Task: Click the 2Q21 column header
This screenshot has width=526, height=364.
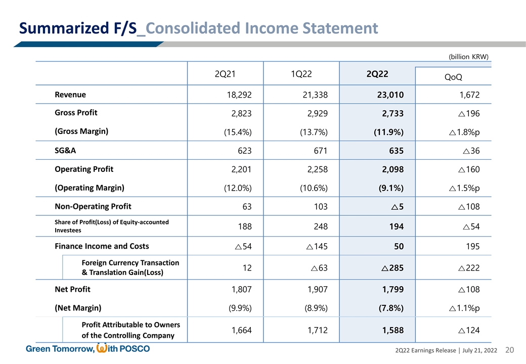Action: (x=225, y=74)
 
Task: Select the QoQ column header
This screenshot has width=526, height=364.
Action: (x=453, y=77)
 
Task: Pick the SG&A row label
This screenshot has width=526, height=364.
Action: (x=66, y=150)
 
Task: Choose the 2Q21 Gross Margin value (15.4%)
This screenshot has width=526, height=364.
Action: (x=238, y=132)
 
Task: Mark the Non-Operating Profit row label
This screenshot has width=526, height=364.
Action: (x=93, y=206)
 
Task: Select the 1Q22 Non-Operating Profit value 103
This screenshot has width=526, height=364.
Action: (x=320, y=206)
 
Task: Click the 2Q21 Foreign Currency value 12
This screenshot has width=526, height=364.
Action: (x=247, y=267)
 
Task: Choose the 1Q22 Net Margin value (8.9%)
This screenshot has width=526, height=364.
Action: (x=314, y=308)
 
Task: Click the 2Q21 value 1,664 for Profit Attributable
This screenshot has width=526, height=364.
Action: (x=241, y=330)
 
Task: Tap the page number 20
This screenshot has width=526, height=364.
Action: (x=509, y=350)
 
